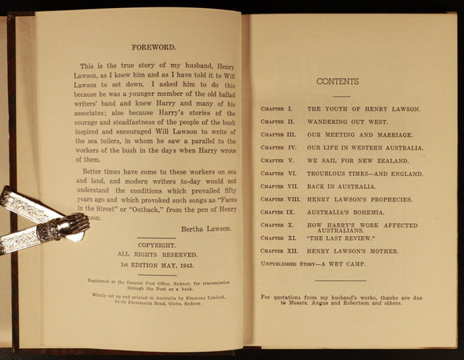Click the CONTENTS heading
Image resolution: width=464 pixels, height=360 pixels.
338,82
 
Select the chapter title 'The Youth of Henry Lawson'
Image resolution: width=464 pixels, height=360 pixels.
357,107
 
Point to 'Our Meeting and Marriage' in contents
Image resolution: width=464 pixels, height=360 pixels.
360,134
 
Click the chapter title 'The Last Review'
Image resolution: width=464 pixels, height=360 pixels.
342,238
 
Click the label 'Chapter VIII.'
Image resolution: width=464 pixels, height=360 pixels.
278,198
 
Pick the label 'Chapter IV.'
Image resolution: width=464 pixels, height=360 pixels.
278,148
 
